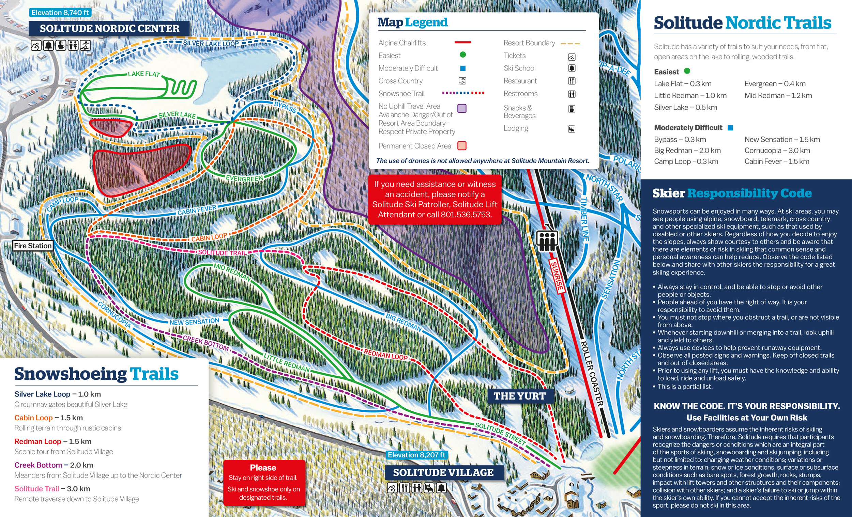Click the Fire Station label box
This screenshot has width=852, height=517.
pyautogui.click(x=33, y=246)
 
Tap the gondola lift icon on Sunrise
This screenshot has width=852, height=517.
pyautogui.click(x=547, y=239)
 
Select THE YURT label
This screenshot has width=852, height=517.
pyautogui.click(x=519, y=396)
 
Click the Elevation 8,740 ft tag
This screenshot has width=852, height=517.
pyautogui.click(x=60, y=13)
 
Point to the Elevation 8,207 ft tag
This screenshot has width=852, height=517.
pyautogui.click(x=416, y=455)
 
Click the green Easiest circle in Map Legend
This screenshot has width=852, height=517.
pyautogui.click(x=463, y=54)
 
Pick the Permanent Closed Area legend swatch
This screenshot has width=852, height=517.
pyautogui.click(x=462, y=145)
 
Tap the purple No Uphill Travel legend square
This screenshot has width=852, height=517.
pyautogui.click(x=462, y=108)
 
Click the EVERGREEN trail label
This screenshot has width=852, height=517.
pyautogui.click(x=244, y=178)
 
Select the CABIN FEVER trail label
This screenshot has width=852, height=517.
pyautogui.click(x=197, y=210)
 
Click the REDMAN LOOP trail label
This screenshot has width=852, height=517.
pyautogui.click(x=385, y=355)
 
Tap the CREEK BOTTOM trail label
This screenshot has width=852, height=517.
pyautogui.click(x=206, y=343)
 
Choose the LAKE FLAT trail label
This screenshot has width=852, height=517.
pyautogui.click(x=143, y=74)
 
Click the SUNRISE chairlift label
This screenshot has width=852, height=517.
pyautogui.click(x=557, y=276)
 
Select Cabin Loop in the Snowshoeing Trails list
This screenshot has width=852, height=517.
pyautogui.click(x=33, y=418)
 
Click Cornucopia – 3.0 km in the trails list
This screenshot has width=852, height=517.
pyautogui.click(x=777, y=150)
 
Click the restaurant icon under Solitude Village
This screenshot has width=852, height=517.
pyautogui.click(x=404, y=488)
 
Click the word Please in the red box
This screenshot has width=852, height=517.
pyautogui.click(x=263, y=468)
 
